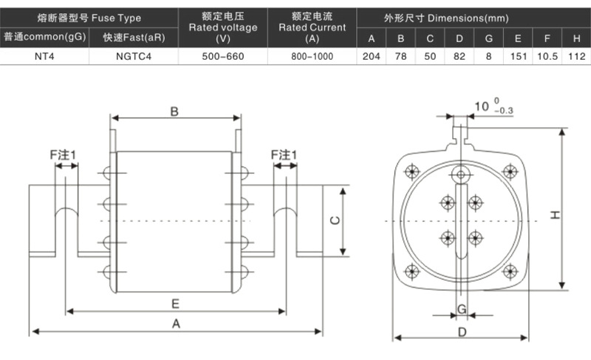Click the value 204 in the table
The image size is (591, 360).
371,55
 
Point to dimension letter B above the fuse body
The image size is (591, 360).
174,112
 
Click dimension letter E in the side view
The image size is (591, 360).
175,303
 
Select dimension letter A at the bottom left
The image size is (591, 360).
175,324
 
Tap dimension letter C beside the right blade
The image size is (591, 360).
334,220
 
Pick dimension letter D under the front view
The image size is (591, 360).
462,332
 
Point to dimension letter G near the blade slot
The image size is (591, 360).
461,308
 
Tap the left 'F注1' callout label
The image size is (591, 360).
64,154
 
